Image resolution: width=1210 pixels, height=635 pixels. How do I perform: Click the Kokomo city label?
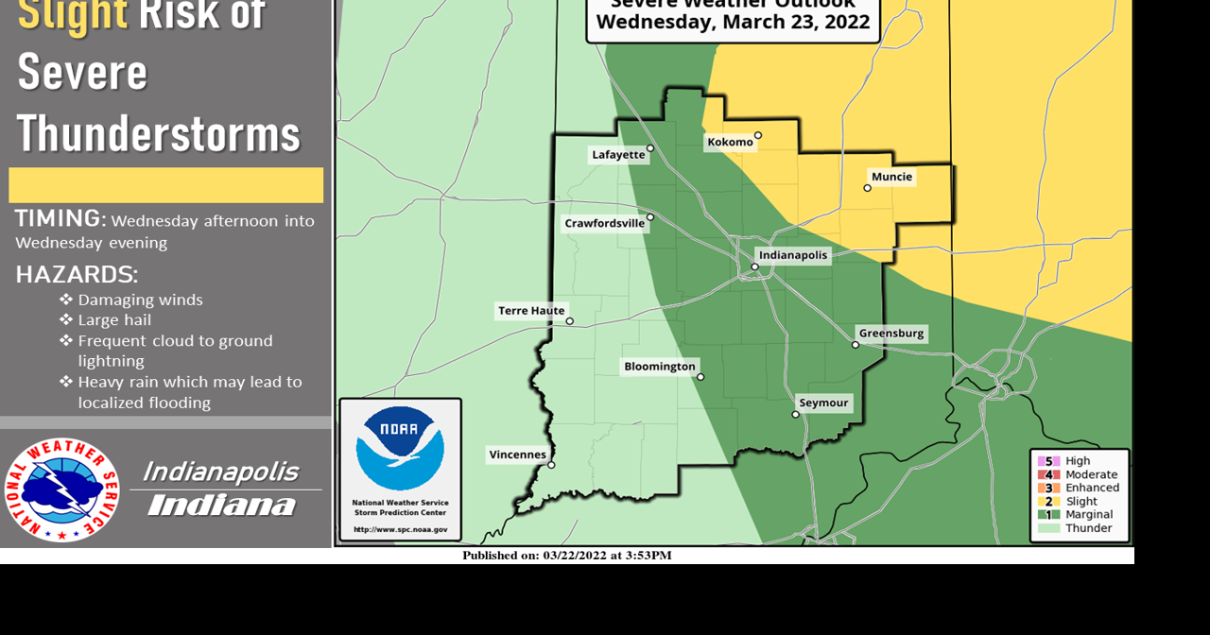click(730, 143)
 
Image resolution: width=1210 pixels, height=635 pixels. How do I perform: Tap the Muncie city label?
click(891, 177)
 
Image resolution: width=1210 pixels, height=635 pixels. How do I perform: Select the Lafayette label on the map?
click(617, 155)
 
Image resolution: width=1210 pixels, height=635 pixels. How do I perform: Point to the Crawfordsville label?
click(604, 224)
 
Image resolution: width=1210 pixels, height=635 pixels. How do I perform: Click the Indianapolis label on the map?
click(793, 255)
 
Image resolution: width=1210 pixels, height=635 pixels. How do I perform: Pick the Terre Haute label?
click(531, 311)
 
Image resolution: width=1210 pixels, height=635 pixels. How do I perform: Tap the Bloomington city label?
click(659, 367)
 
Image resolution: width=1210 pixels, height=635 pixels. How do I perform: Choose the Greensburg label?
click(890, 334)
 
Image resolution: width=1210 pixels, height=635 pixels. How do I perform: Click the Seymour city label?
click(823, 403)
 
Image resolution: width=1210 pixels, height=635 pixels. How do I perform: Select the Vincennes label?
click(517, 455)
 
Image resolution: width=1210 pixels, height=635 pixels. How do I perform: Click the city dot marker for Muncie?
click(867, 188)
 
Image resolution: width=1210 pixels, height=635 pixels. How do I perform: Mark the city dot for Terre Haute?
click(569, 321)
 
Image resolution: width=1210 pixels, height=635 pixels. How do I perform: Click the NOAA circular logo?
click(400, 449)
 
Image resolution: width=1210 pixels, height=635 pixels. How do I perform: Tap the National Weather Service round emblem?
click(61, 489)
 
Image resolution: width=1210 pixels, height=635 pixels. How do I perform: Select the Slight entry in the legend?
click(1081, 502)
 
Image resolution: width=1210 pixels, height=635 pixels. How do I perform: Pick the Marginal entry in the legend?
click(1088, 515)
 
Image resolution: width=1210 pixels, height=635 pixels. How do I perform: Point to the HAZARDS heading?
click(77, 275)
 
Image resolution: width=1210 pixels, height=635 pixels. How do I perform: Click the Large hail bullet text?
click(114, 320)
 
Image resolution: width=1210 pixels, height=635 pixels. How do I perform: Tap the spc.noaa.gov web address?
click(400, 530)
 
